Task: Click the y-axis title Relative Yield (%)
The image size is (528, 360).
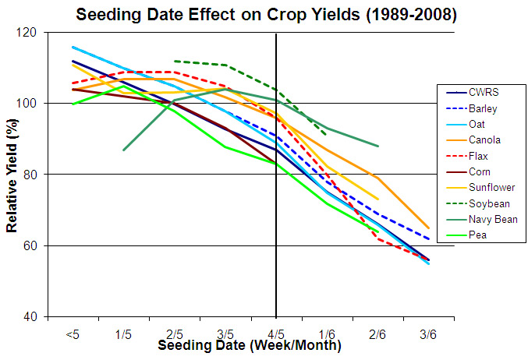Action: pos(12,175)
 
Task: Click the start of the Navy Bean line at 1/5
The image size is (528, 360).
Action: pos(123,150)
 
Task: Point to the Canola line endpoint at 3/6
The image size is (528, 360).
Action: pos(428,228)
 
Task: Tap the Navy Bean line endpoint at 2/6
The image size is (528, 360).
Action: pos(377,146)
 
